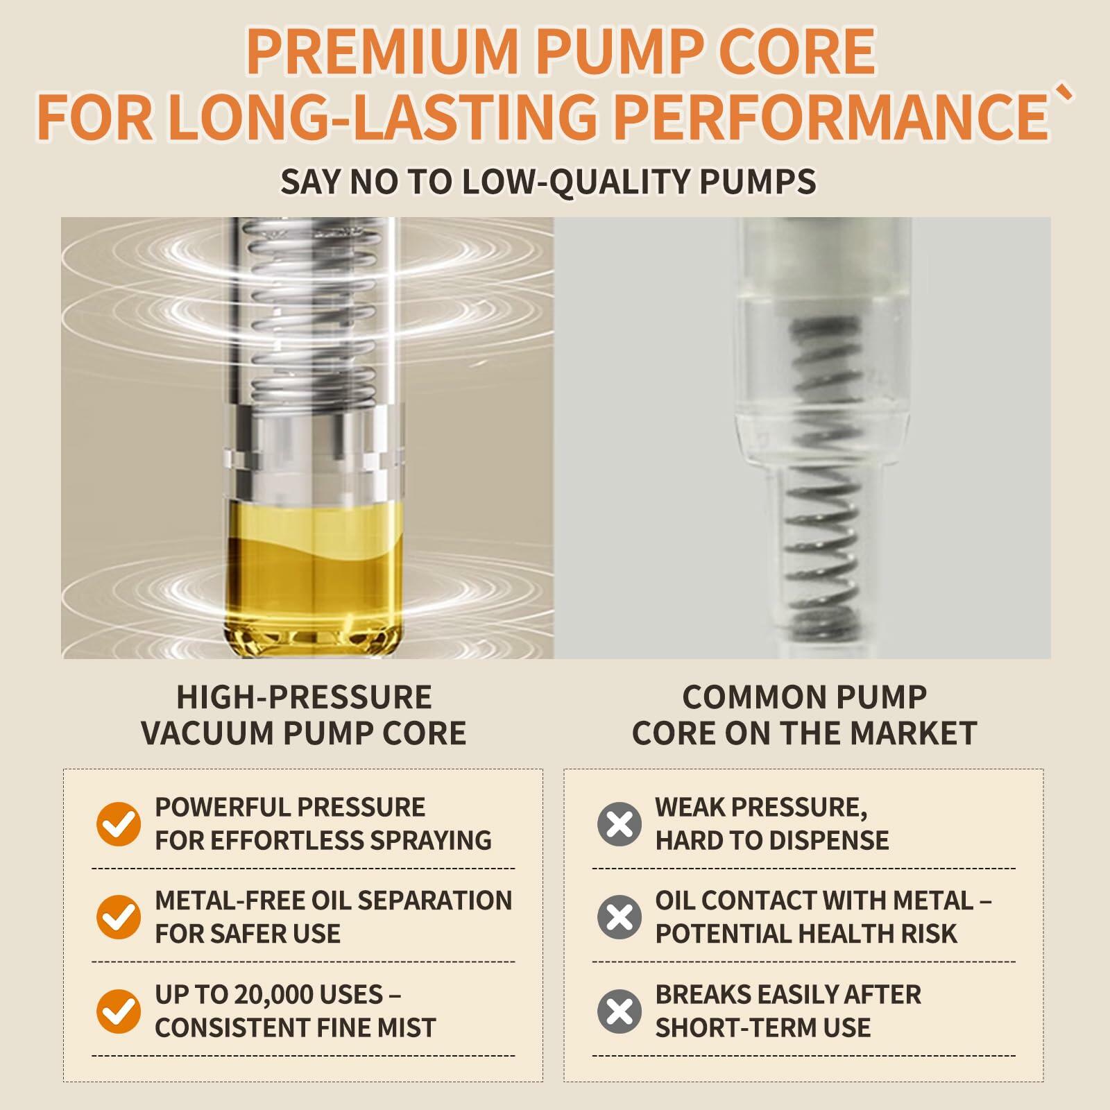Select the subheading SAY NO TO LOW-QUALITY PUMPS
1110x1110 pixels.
(548, 181)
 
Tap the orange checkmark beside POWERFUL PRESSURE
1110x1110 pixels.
(119, 824)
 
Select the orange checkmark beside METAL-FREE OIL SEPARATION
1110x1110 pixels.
(119, 916)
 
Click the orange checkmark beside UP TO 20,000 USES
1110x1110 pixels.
(119, 1011)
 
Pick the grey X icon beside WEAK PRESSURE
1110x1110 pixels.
(620, 824)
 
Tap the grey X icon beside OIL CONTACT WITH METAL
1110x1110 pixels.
(620, 916)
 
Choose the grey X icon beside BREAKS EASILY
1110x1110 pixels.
(620, 1011)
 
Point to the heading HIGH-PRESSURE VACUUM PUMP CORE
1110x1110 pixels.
(304, 715)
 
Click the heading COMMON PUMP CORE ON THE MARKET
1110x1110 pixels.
(805, 715)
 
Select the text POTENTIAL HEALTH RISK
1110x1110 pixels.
(806, 934)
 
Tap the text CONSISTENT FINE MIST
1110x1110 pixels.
(296, 1027)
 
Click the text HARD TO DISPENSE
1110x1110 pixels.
(772, 840)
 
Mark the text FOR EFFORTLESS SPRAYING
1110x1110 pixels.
(323, 840)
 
